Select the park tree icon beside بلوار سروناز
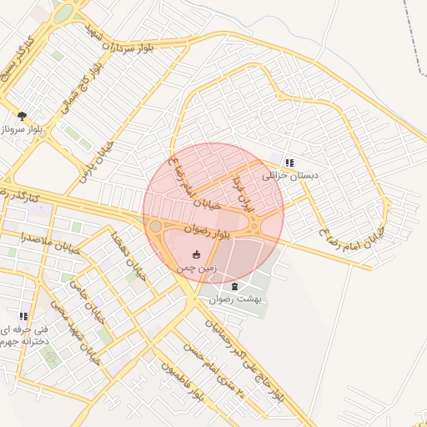22,116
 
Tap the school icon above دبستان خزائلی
289,163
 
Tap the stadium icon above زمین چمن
197,254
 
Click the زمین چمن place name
197,269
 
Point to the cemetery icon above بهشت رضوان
234,287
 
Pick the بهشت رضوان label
235,299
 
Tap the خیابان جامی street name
84,296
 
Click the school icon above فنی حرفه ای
23,316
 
